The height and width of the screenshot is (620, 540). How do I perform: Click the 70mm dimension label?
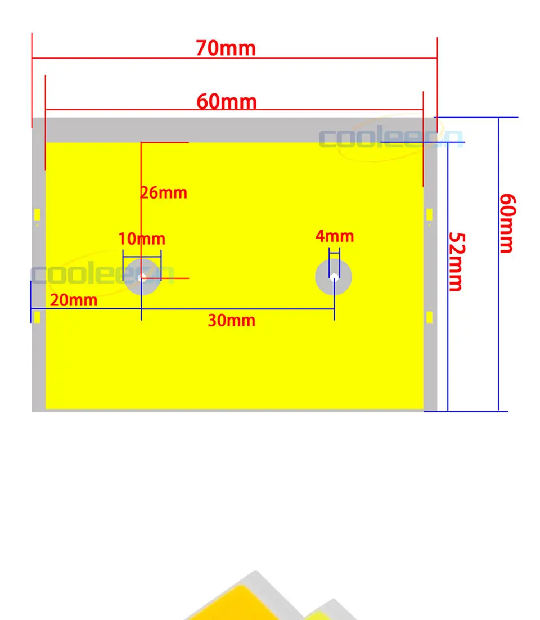226,48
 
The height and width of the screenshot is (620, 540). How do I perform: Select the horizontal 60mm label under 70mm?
226,102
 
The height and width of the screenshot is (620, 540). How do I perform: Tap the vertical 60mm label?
507,223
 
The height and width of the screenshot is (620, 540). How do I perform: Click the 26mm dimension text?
164,193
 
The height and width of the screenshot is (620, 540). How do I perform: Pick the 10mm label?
142,239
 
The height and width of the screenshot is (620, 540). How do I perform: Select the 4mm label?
335,236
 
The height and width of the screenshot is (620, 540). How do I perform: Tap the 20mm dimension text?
74,300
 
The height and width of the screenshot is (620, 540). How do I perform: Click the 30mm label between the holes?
231,321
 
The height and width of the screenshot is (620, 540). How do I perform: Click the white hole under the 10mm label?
142,277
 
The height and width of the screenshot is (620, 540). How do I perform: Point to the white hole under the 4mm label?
334,277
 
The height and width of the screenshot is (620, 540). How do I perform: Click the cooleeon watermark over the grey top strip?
390,138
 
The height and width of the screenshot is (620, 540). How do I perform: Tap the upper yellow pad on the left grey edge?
37,215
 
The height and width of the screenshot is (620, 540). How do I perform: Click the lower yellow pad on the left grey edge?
37,318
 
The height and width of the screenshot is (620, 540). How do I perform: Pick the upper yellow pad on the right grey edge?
429,214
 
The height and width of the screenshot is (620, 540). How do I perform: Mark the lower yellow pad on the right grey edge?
429,317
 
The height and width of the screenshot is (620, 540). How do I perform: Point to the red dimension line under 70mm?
235,57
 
